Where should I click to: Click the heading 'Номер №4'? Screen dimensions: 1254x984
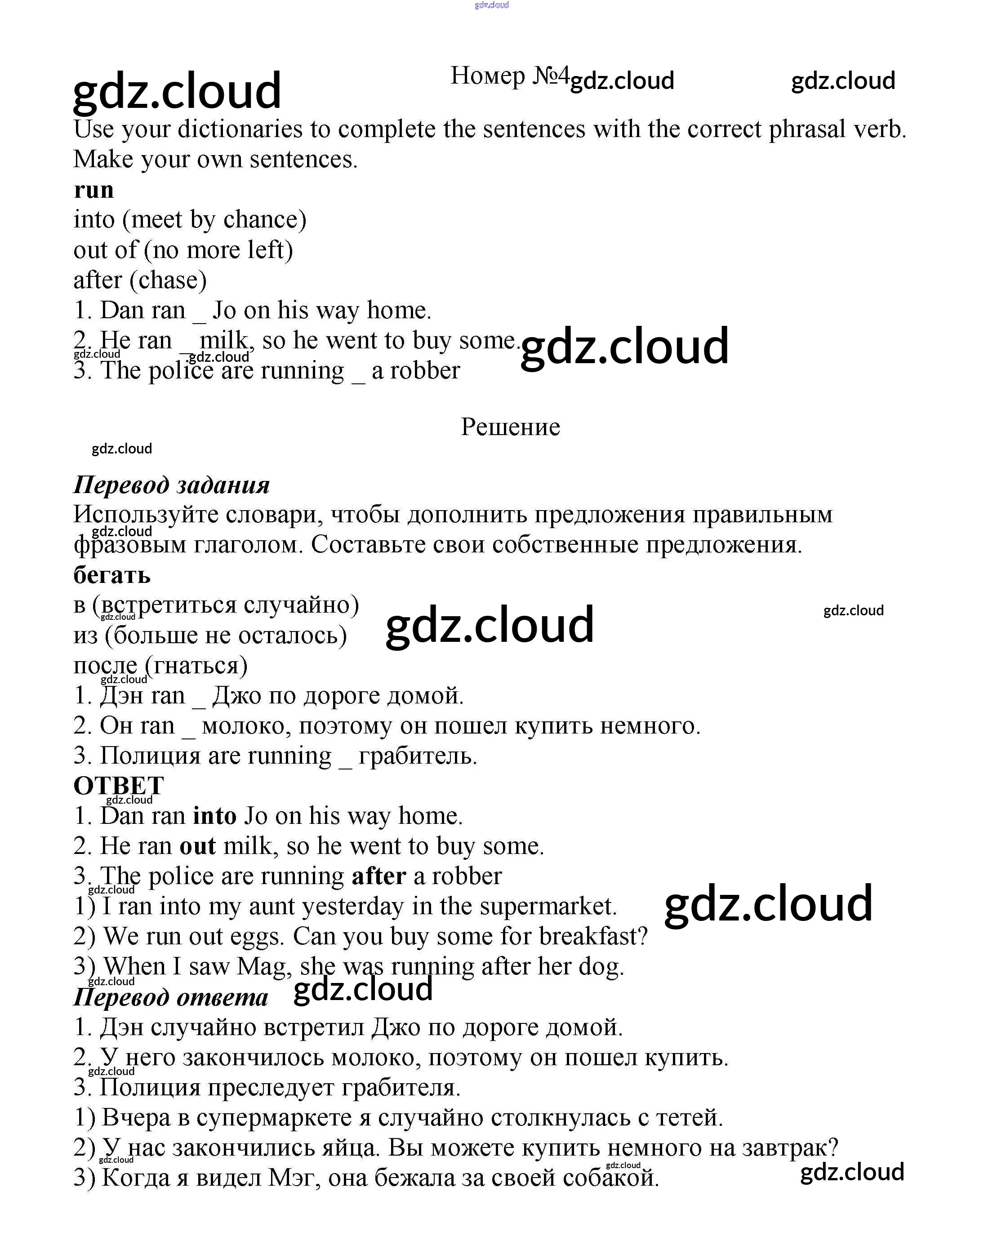point(509,76)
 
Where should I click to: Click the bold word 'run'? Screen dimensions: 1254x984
point(94,190)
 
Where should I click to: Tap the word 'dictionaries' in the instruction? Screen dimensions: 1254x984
point(240,129)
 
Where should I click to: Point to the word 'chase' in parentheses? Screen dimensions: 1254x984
point(168,280)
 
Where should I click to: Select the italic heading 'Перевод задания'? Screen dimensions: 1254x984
point(171,485)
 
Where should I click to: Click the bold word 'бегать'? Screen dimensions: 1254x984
point(112,575)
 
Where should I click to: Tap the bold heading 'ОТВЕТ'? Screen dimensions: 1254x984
point(119,786)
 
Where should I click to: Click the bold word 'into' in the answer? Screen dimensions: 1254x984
point(215,816)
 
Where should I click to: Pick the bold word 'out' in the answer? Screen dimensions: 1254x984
point(198,845)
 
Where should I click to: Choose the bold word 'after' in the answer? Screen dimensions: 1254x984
point(378,876)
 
